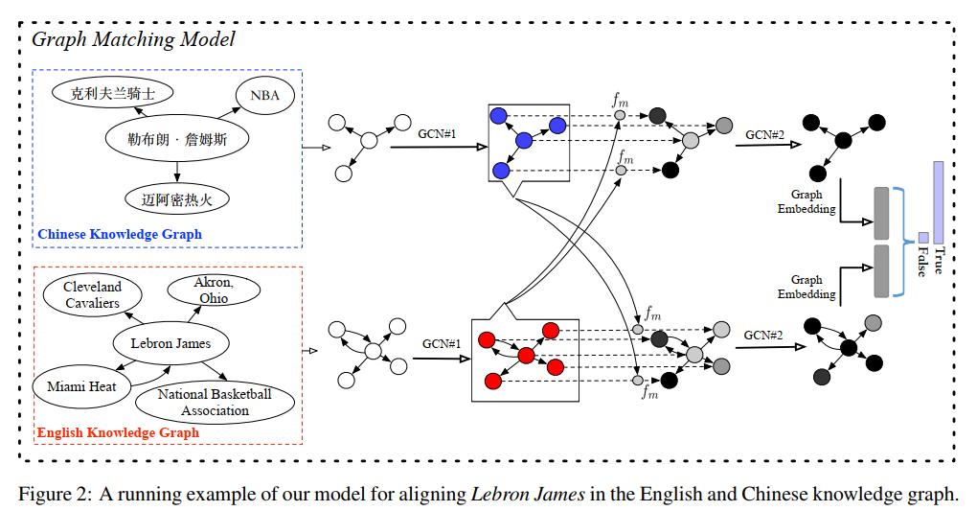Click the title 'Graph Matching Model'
coord(133,39)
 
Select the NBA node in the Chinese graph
coord(264,96)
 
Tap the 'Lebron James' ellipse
coord(170,343)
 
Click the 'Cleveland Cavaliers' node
coord(93,295)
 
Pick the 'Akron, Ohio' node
coord(212,290)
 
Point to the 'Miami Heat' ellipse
coord(81,386)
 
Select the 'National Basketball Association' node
coord(216,403)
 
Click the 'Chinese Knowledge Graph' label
coord(120,234)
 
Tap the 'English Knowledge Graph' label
coord(118,432)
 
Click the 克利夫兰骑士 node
coord(113,94)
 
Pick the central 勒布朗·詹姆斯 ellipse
coord(176,139)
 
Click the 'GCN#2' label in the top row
coord(766,135)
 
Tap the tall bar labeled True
coord(938,202)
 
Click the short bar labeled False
coord(923,237)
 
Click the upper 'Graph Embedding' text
coord(807,202)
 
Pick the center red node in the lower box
coord(526,356)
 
